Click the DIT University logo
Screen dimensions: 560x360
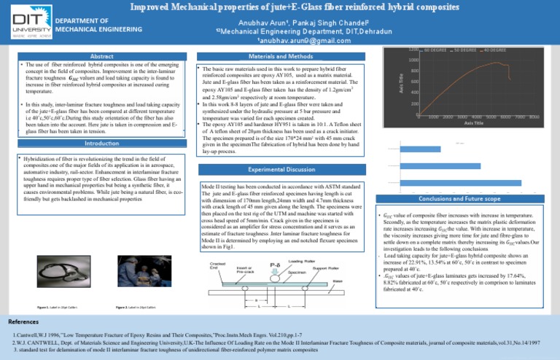click(x=27, y=26)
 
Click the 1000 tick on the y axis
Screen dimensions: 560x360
click(x=413, y=60)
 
